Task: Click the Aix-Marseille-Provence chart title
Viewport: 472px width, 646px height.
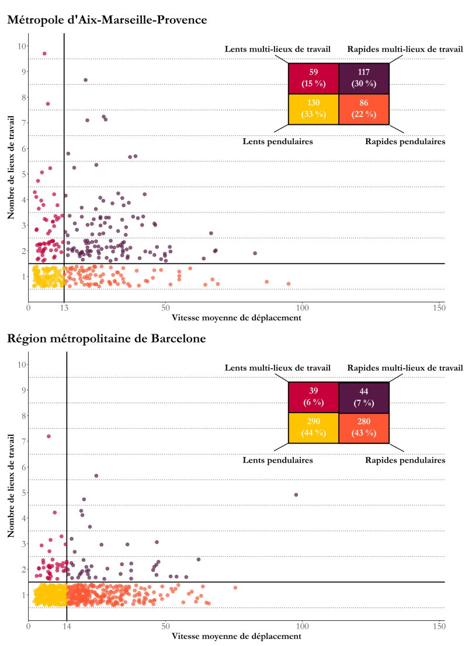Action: [107, 20]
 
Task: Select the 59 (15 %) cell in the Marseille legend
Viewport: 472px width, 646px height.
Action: [313, 78]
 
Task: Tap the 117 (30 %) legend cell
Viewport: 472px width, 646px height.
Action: [363, 78]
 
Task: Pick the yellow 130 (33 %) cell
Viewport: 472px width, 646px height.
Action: [313, 109]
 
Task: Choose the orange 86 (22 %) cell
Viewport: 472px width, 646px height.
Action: [363, 109]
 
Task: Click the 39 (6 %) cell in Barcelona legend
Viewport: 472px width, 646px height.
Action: [313, 397]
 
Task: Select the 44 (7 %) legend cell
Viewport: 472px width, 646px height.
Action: [363, 397]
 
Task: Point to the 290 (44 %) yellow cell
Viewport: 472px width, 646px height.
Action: [313, 428]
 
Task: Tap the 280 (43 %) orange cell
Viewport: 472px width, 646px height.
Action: [363, 428]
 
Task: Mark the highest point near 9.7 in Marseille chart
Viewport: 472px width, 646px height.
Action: [44, 54]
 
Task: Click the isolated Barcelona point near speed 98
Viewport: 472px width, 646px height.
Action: [296, 495]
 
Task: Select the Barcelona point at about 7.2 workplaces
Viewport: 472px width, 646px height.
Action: [48, 437]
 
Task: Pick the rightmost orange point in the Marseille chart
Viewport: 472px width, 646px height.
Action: [289, 284]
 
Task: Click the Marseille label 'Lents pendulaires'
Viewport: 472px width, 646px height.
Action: [277, 141]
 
